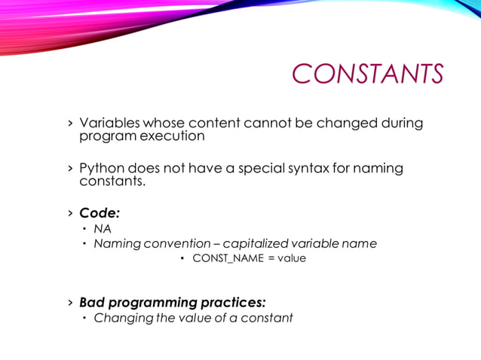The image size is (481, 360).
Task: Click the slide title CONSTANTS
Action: pos(366,75)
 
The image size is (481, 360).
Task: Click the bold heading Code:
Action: pos(100,213)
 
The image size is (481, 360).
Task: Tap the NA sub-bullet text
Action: pos(102,229)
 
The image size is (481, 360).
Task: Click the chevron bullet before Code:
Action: pos(70,213)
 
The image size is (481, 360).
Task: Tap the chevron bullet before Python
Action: pos(70,168)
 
